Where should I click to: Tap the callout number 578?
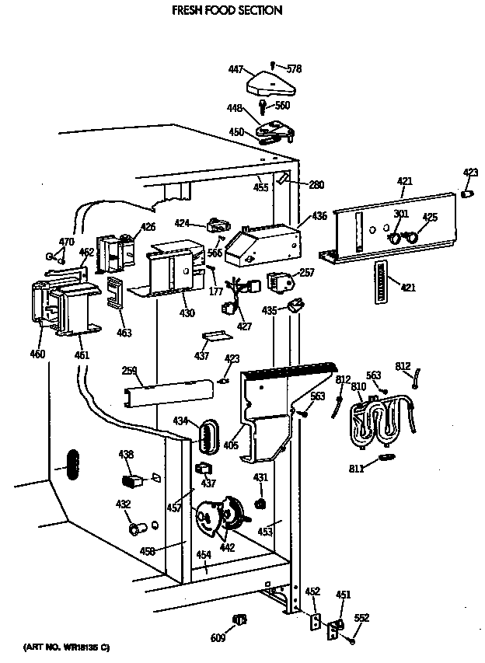[x=293, y=69]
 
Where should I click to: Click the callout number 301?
[x=400, y=214]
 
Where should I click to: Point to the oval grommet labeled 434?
[x=207, y=436]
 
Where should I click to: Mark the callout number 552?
[x=362, y=619]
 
